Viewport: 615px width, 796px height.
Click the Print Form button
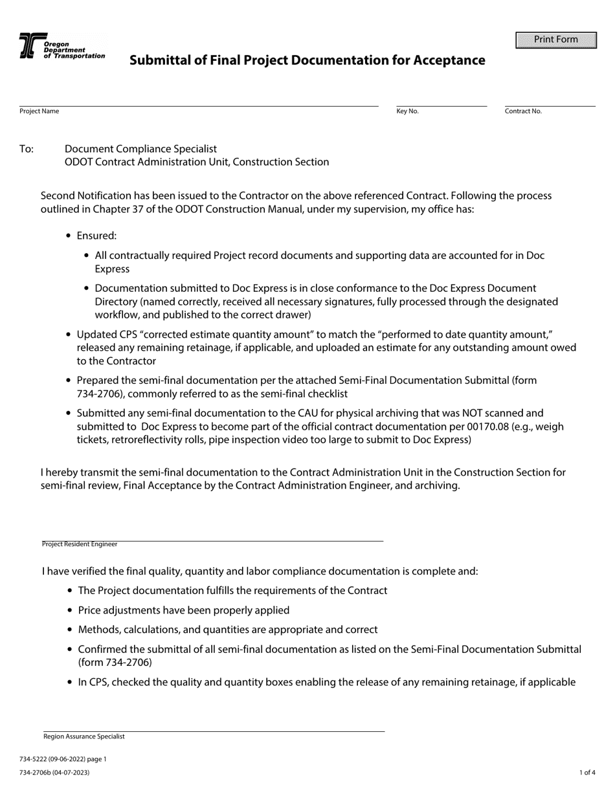coord(555,40)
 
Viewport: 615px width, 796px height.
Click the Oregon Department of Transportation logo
coord(61,47)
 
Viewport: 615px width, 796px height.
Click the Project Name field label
coord(39,111)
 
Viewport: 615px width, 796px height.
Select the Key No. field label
coord(407,111)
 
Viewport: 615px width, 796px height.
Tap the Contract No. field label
coord(523,111)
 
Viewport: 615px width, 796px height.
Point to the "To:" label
coord(27,149)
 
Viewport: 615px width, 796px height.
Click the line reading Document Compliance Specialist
coord(140,149)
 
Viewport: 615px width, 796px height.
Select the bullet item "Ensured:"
coord(96,236)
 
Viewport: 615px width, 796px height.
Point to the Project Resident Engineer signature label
coord(80,544)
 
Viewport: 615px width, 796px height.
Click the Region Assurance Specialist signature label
coord(84,736)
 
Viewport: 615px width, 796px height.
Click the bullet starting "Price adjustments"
coord(183,610)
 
